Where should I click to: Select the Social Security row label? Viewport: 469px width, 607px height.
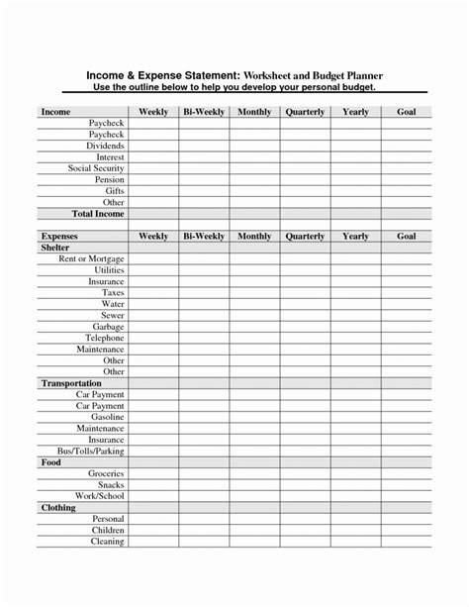pos(96,168)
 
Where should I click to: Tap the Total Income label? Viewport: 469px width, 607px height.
pos(96,214)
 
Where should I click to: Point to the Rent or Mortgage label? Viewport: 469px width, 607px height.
pos(92,258)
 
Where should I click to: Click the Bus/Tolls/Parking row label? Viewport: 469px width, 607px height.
pos(90,451)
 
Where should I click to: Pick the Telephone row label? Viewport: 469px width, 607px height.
pos(104,338)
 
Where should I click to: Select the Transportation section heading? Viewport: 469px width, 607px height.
pos(71,383)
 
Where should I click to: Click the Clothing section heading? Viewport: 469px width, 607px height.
pos(58,507)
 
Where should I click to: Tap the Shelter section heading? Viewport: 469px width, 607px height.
pos(55,248)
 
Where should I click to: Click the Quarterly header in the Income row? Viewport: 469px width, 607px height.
pos(305,113)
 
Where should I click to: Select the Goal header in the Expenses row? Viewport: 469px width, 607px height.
pos(406,237)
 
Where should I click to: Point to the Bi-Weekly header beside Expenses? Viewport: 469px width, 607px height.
pos(204,237)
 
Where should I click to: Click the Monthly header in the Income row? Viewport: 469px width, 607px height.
pos(254,113)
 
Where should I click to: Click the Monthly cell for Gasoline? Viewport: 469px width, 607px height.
pos(254,417)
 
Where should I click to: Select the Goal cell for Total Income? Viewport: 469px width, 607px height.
pos(406,214)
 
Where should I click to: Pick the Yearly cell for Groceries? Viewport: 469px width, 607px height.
pos(355,473)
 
